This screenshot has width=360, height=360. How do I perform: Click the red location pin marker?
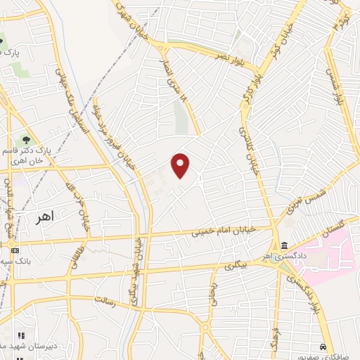[181, 165]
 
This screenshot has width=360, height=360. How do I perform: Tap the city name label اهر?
[44, 218]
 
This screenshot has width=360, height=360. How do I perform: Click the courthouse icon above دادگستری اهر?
[284, 245]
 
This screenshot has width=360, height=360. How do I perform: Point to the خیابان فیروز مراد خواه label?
[112, 138]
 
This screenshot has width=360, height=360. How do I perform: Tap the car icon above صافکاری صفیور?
[323, 347]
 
